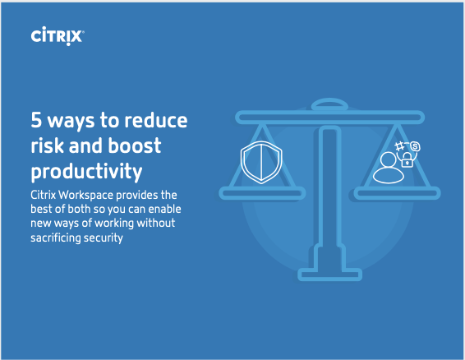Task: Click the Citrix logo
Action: point(58,36)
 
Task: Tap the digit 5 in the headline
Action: point(36,120)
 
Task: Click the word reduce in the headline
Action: point(156,120)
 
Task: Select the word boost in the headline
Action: point(135,145)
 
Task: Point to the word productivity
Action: point(86,171)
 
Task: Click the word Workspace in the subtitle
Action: point(86,196)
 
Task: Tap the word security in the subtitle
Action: point(104,238)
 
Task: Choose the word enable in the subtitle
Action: point(164,209)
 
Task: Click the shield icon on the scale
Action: point(261,162)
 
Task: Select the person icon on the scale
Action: point(389,168)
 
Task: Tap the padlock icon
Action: point(407,159)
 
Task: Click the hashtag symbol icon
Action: point(399,146)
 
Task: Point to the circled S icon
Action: point(415,146)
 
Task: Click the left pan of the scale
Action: point(262,193)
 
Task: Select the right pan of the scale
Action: point(398,193)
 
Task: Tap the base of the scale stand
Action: point(329,275)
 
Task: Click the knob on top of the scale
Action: point(329,104)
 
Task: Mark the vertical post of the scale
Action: point(329,196)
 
